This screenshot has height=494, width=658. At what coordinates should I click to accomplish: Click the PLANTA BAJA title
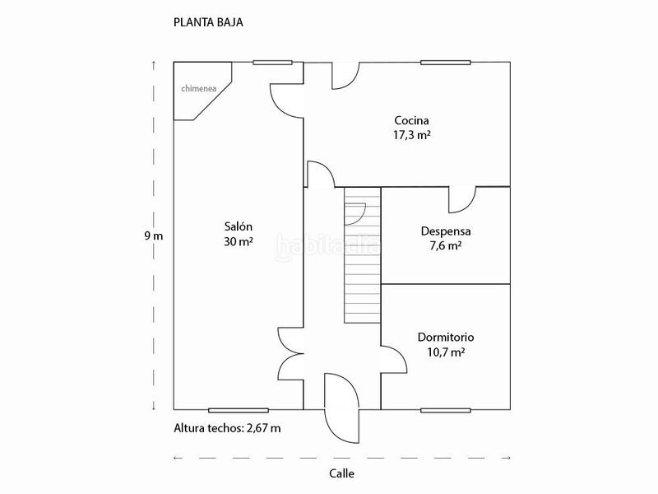[208, 22]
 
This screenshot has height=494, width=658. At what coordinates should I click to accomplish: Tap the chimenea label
[199, 89]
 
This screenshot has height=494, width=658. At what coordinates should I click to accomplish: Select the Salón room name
[239, 227]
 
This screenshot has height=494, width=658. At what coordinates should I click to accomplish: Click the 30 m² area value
[239, 242]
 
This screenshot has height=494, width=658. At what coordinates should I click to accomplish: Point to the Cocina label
[412, 120]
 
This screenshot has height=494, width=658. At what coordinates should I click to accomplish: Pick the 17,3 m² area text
[412, 135]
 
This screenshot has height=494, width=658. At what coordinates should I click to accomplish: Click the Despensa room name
[446, 231]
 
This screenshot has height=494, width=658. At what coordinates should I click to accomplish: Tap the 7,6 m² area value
[446, 245]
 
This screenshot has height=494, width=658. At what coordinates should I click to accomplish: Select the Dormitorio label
[446, 338]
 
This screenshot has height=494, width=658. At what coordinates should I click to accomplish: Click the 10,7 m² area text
[446, 352]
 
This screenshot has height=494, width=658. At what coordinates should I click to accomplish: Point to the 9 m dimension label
[154, 235]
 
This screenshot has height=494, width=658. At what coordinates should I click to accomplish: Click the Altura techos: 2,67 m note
[228, 428]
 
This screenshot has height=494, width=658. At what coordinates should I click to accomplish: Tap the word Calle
[341, 473]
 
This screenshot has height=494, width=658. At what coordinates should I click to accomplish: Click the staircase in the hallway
[363, 255]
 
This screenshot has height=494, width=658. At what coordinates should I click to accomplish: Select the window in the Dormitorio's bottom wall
[446, 410]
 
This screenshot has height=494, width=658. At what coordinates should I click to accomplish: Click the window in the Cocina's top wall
[446, 63]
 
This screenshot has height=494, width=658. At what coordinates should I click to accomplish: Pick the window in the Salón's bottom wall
[239, 410]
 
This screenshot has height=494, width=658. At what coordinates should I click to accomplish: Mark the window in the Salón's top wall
[272, 63]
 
